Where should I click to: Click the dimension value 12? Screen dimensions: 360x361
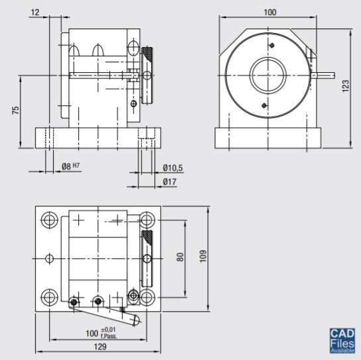coord(35,12)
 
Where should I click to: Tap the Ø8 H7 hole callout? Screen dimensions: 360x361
coord(70,165)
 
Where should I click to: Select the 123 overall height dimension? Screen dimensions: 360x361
coord(345,87)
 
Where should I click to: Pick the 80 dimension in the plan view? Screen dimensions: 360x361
coord(180,257)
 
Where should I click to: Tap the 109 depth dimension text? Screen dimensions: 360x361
coord(203,255)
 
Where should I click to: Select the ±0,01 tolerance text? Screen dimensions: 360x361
coord(109,329)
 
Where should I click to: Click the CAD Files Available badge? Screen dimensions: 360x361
coord(342,341)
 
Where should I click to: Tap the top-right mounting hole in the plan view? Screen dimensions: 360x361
coord(146,220)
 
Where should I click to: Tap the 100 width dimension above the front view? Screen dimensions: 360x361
coord(270,12)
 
